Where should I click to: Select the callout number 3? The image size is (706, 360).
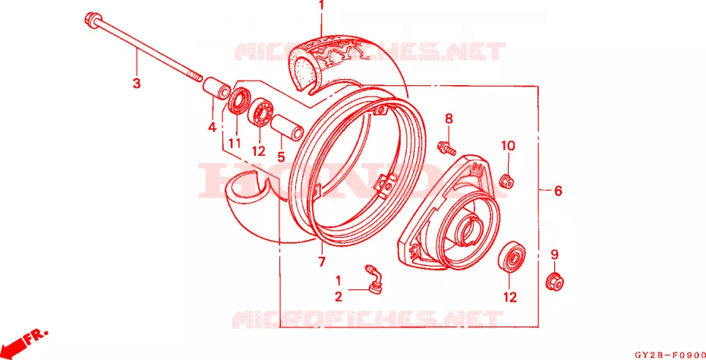pos(137,84)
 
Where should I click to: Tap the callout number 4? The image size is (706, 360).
pos(212,128)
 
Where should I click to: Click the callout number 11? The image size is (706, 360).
pos(234,144)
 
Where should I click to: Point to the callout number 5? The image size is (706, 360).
pos(281,156)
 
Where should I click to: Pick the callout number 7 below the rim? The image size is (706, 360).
pos(321,262)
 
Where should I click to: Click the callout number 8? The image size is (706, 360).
pos(449,119)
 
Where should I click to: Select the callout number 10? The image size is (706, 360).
pos(509,146)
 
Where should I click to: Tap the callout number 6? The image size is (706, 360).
pos(558,191)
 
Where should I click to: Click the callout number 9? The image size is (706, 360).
pos(554,254)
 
